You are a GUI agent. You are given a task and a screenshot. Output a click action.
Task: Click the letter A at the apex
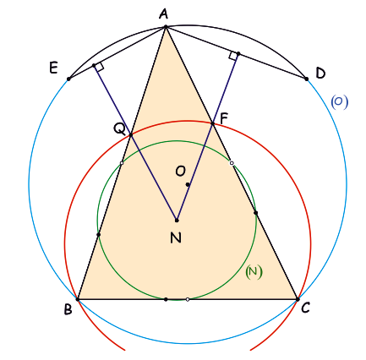[x=163, y=14]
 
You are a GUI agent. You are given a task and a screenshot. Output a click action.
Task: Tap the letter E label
[x=53, y=68]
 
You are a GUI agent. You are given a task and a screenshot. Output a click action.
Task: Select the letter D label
[x=320, y=74]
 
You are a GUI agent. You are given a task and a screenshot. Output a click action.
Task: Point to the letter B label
[x=68, y=309]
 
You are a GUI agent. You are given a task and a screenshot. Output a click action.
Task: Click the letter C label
[x=305, y=308]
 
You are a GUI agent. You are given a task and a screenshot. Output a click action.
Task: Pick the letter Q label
[x=119, y=129]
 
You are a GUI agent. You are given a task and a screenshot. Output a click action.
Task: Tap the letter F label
[x=223, y=119]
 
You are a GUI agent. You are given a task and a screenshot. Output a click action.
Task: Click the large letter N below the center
[x=176, y=238]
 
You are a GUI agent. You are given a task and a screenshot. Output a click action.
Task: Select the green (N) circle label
[x=254, y=272]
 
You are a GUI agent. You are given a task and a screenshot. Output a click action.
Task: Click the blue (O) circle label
[x=339, y=102]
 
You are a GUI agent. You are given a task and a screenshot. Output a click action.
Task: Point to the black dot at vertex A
[x=166, y=27]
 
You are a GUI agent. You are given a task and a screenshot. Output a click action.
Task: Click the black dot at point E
[x=68, y=79]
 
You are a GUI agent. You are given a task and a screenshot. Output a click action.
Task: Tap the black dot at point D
[x=307, y=79]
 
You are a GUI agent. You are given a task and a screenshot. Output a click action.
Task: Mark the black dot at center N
[x=177, y=221]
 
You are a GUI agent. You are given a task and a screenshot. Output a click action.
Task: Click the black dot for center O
[x=188, y=184]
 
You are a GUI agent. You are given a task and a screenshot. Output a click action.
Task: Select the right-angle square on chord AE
[x=100, y=67]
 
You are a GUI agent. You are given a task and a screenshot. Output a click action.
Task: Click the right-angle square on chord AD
[x=233, y=56]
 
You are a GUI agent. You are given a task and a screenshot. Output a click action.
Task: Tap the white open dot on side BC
[x=188, y=299]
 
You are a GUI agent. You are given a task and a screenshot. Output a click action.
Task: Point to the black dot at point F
[x=213, y=123]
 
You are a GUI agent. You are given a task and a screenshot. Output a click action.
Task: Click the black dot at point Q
[x=130, y=135]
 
